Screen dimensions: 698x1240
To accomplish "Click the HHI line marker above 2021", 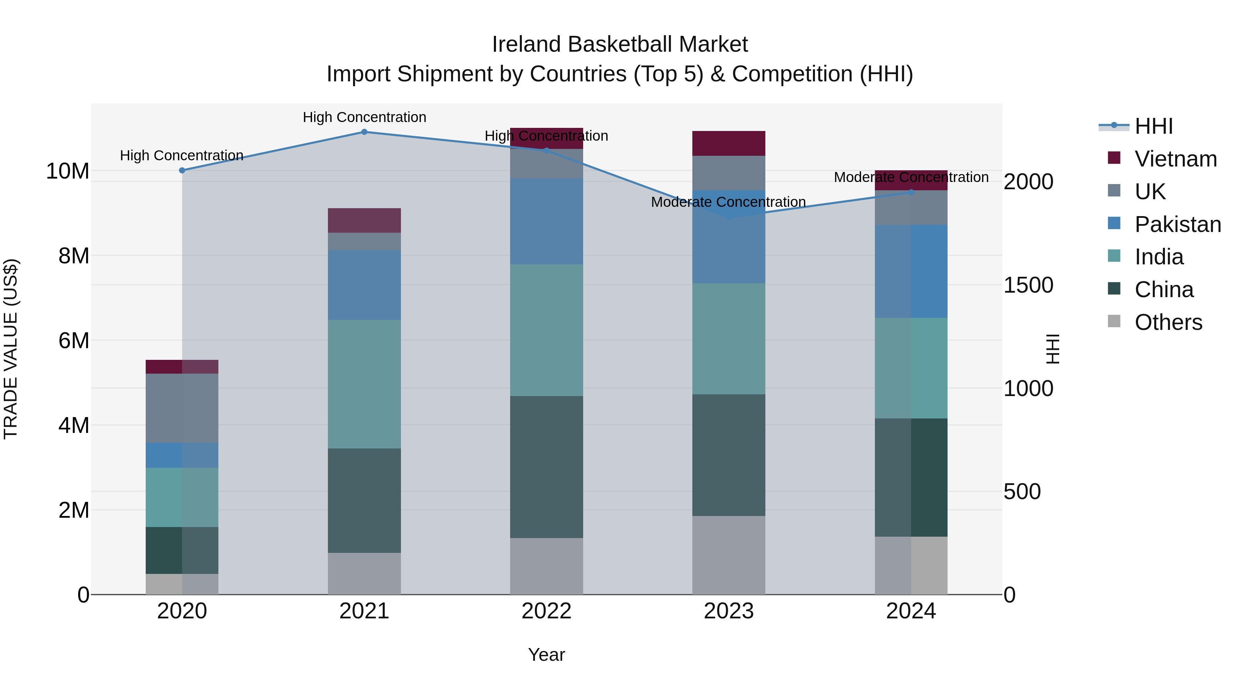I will click(x=364, y=132).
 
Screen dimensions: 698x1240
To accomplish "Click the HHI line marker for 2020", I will click(x=182, y=171).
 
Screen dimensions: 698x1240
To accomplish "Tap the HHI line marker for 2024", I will click(x=911, y=192).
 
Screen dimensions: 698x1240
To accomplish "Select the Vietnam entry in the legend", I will click(x=1175, y=159).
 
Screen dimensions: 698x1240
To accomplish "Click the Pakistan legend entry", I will click(x=1177, y=224).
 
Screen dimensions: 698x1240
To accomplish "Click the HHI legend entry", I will click(x=1153, y=126).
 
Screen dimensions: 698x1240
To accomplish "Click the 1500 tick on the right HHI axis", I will click(x=1028, y=285).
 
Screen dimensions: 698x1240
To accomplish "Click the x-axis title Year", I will click(x=546, y=655).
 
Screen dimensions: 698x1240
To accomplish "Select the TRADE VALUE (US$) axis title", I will click(x=11, y=349).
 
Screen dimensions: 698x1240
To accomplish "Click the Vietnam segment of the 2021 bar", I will click(x=364, y=221).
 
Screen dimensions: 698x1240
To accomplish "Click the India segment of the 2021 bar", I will click(x=364, y=384).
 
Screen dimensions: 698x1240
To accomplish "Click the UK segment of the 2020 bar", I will click(x=182, y=408).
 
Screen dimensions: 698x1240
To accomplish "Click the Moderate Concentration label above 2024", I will click(x=911, y=177).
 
